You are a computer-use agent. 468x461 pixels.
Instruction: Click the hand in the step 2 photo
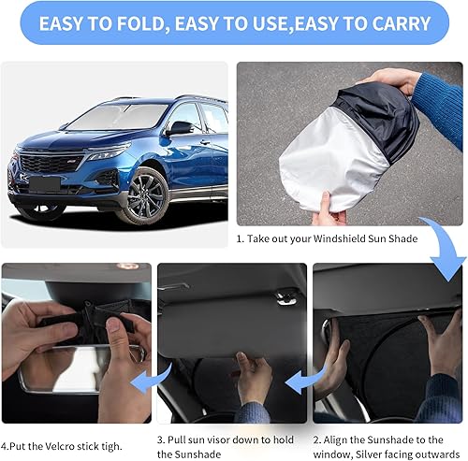point(440,332)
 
